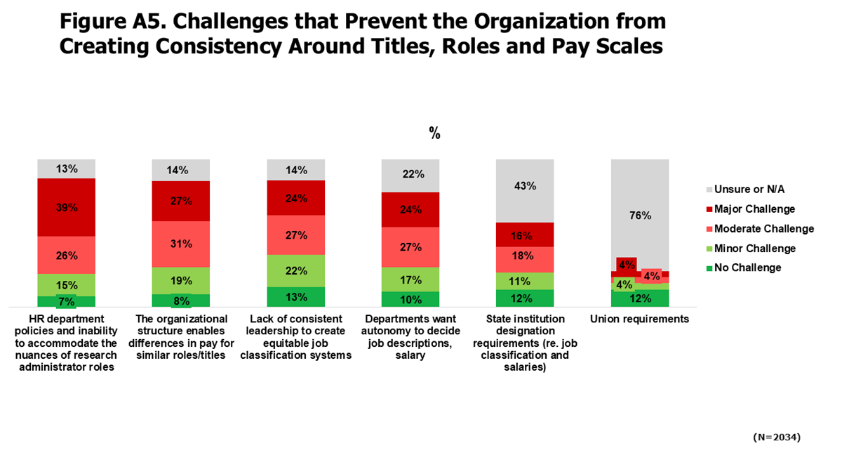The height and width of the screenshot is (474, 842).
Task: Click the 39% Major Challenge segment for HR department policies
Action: point(67,207)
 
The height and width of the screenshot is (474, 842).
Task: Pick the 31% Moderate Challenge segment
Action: point(181,244)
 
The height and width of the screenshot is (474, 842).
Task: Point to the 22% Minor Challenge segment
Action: point(296,270)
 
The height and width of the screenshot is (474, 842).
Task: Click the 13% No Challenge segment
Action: point(296,296)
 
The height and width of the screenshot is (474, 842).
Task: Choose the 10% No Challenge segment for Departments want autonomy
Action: point(410,299)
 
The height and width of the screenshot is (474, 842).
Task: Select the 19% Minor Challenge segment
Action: point(181,280)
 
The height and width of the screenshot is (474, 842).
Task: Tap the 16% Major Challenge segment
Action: point(525,235)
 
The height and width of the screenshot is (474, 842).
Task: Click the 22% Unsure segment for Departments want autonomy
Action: point(410,175)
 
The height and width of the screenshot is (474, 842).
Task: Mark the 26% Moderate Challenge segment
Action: point(67,255)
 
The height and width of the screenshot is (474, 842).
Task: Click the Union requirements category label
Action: point(639,319)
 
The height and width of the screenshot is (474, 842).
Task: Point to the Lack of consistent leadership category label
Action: point(296,337)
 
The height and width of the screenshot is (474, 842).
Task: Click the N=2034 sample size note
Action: point(776,437)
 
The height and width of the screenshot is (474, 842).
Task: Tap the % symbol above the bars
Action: point(434,134)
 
